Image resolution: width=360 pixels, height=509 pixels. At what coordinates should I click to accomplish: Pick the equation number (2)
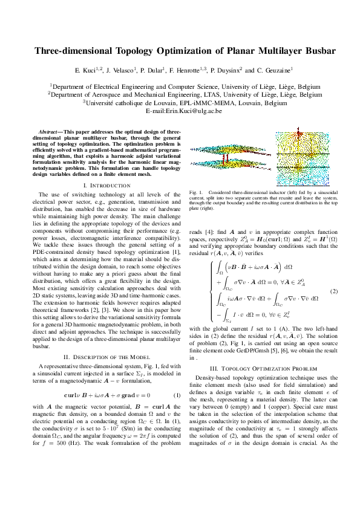[333, 291]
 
